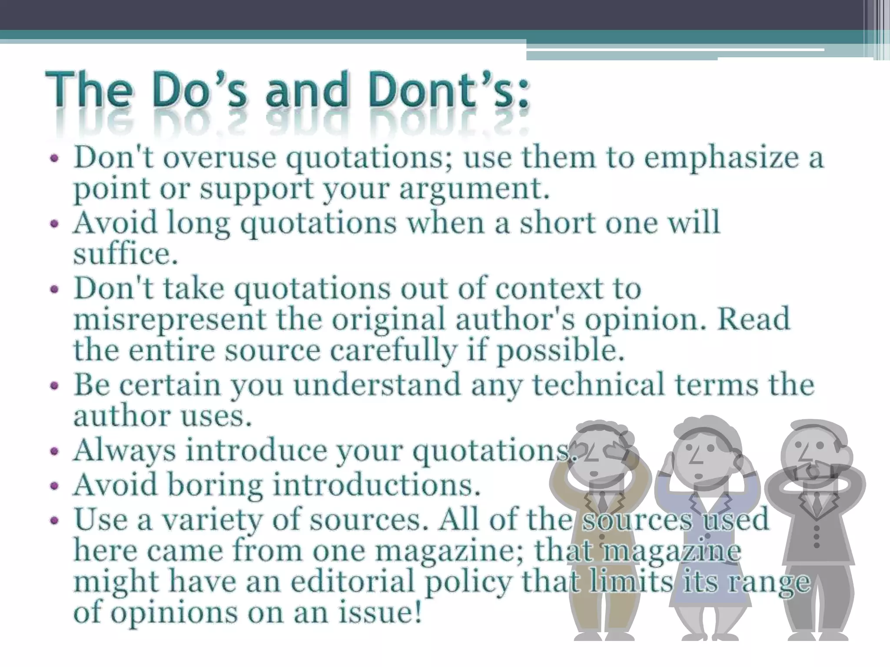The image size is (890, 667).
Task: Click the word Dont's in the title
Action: point(448,91)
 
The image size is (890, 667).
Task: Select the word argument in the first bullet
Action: point(474,189)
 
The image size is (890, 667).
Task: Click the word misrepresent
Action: point(170,319)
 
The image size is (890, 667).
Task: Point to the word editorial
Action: point(352,582)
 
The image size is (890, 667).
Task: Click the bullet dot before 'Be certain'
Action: point(54,386)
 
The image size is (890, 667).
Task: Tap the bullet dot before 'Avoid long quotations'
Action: point(54,224)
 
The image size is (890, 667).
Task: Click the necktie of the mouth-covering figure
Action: point(817,504)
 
